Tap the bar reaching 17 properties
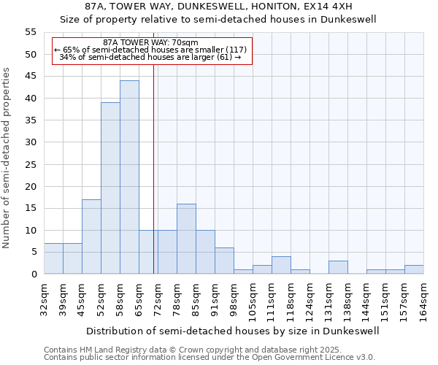pyautogui.click(x=91, y=237)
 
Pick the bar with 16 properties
pyautogui.click(x=186, y=239)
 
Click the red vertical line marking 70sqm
pyautogui.click(x=153, y=168)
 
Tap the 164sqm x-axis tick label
pyautogui.click(x=424, y=299)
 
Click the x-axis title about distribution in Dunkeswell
pyautogui.click(x=233, y=331)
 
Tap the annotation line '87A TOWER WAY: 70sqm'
pyautogui.click(x=150, y=43)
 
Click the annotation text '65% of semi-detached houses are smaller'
pyautogui.click(x=150, y=50)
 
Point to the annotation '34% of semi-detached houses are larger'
pyautogui.click(x=150, y=57)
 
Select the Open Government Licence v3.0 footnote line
pyautogui.click(x=210, y=358)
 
